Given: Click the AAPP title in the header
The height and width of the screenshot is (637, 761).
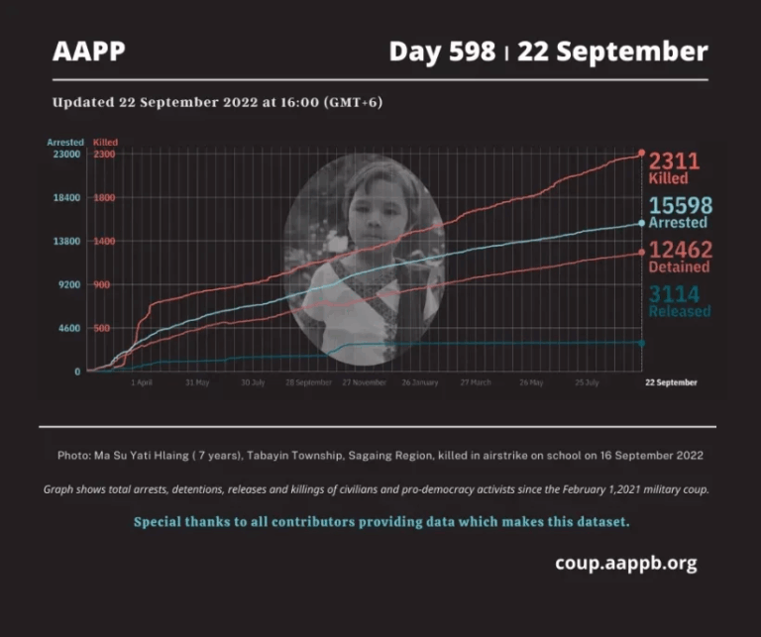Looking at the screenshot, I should point(89,52).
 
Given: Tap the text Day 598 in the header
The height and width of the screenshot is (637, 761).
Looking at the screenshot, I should point(442,52).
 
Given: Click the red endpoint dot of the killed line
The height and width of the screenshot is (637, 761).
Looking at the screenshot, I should point(641,154).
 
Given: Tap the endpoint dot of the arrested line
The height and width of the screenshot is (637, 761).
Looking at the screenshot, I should point(641,223).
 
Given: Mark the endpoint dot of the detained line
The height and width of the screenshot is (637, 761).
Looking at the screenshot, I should point(641,253).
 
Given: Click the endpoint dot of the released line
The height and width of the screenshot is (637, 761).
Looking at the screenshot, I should point(641,343).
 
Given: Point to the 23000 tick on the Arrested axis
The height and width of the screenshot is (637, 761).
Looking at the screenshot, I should point(66,155).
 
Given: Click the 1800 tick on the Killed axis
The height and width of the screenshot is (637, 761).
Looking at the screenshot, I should point(105,198).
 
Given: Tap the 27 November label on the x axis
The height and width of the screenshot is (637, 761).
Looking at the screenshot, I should point(364,381).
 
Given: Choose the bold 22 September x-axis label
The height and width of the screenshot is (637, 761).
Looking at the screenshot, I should point(671,381).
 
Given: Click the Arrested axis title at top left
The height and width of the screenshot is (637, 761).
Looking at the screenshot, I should point(65,143).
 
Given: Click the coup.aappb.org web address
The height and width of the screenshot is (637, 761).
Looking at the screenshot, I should point(625,564).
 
